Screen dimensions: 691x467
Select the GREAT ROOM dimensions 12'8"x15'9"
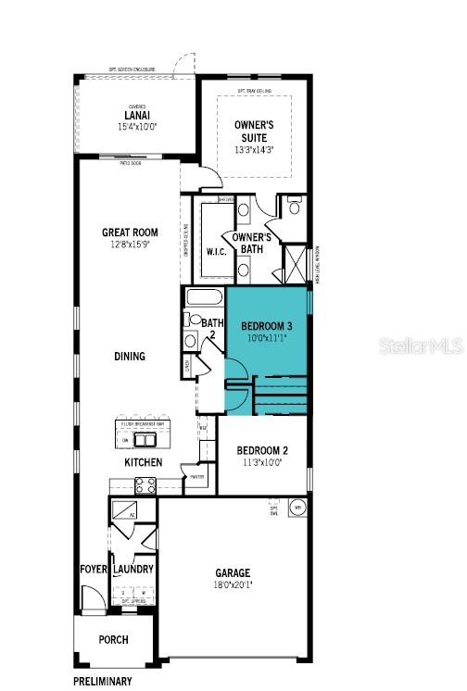click(x=130, y=245)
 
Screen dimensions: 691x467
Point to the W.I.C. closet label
click(x=217, y=251)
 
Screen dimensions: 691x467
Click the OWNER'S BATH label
click(x=251, y=243)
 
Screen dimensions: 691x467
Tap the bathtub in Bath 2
click(x=204, y=299)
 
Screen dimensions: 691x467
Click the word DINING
click(x=130, y=356)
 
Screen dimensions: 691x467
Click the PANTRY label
click(x=197, y=478)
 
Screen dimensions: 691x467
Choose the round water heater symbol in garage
click(x=298, y=508)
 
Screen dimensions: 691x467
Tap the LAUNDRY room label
click(x=133, y=570)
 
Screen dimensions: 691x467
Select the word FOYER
click(x=93, y=570)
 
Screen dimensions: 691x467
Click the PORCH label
click(x=114, y=640)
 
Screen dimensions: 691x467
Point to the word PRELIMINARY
click(x=103, y=681)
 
